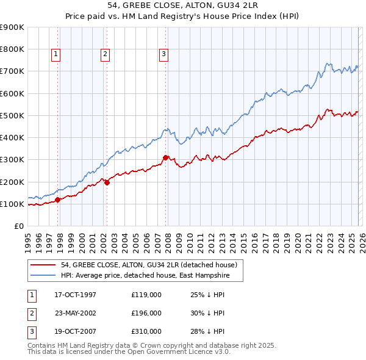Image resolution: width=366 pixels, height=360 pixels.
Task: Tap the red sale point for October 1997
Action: [58, 200]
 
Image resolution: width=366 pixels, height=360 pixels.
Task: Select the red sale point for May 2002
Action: [107, 182]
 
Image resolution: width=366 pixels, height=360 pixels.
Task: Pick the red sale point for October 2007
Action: [165, 157]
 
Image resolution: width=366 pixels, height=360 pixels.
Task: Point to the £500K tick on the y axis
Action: [13, 115]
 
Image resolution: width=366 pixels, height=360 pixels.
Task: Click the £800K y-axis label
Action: [13, 49]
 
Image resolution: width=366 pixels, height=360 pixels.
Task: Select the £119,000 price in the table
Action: [146, 295]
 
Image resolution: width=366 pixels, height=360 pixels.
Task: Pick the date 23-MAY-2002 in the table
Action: [76, 313]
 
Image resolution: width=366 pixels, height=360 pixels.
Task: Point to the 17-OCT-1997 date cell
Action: [76, 295]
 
